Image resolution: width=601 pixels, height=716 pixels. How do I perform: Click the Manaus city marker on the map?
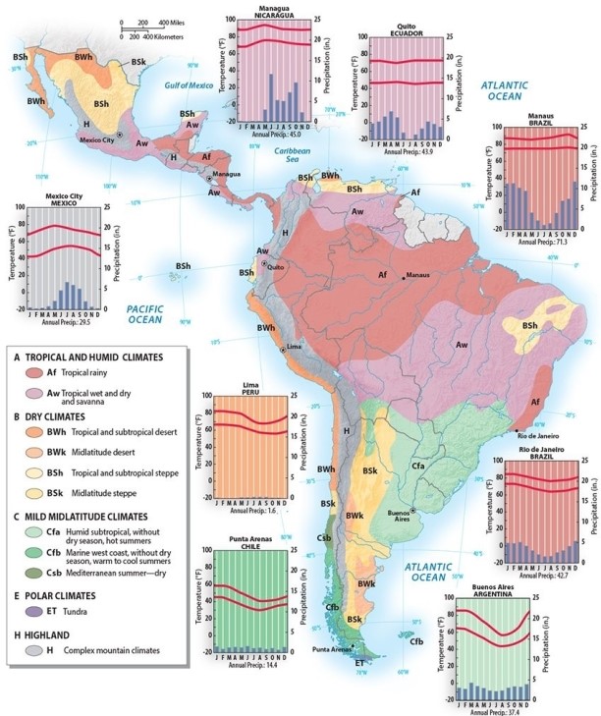403,275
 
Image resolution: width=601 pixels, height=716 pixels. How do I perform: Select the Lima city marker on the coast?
284,350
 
